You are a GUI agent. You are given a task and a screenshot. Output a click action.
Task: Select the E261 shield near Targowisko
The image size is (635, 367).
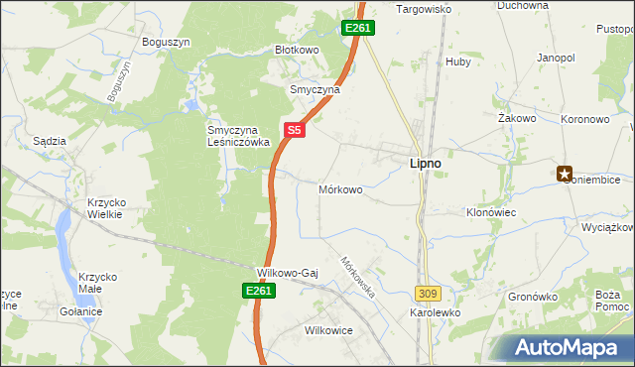[x=358, y=29]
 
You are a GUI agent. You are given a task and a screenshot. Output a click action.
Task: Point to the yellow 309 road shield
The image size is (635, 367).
[x=428, y=294]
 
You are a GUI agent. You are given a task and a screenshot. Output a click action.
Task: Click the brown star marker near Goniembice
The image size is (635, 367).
[x=566, y=174]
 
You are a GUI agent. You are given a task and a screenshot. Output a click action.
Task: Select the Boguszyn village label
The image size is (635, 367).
[x=167, y=42]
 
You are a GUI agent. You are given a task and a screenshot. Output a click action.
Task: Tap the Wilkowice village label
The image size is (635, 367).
[x=329, y=330]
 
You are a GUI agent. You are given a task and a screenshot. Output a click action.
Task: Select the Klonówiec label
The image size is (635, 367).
[x=491, y=212]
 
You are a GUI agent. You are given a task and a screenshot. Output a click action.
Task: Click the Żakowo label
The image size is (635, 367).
[x=517, y=118]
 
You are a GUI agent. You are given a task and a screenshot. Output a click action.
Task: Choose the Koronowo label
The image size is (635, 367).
[x=584, y=118]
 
